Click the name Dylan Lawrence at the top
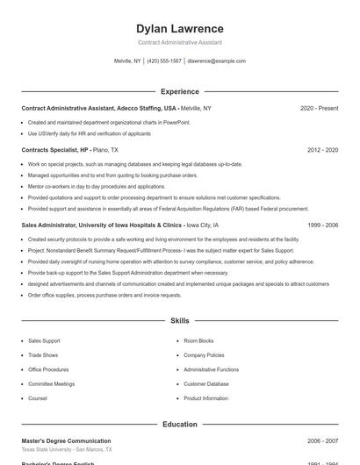point(179,28)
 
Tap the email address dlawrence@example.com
point(216,61)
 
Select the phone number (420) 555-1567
point(164,61)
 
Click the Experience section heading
point(179,91)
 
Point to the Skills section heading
point(179,321)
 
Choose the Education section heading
point(179,425)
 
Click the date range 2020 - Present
point(319,108)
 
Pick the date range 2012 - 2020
point(322,150)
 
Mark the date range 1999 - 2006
point(322,225)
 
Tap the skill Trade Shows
point(43,355)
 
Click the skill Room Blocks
point(198,340)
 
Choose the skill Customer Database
point(205,383)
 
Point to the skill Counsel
point(38,398)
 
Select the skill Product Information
point(205,398)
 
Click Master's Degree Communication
point(66,440)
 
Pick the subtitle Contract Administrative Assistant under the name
point(179,42)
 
